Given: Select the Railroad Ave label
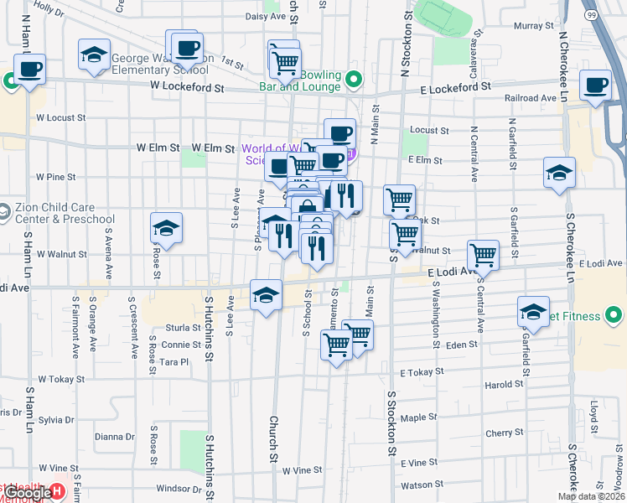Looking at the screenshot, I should (531, 98).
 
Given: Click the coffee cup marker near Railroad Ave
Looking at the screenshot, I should (595, 86).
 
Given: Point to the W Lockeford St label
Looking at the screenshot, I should (188, 87).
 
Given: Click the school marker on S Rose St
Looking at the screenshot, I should (166, 228).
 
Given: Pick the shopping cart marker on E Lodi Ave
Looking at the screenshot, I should (483, 255).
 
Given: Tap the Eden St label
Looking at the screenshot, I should (462, 345).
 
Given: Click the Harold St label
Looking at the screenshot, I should (504, 386).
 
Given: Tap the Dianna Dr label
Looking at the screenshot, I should (115, 437).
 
